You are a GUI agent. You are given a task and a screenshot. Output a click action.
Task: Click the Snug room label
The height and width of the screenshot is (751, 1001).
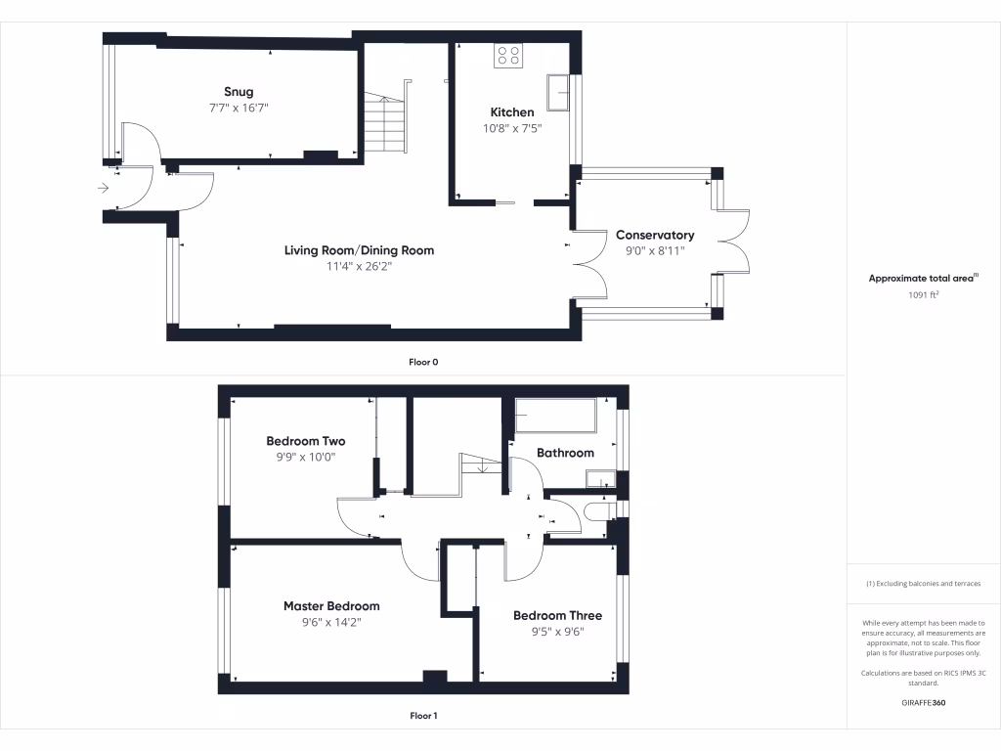pyautogui.click(x=239, y=92)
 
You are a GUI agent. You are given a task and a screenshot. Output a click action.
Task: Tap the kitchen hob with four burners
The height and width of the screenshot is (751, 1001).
pyautogui.click(x=508, y=56)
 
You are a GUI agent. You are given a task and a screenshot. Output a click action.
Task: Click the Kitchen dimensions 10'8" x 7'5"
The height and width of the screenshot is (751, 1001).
pyautogui.click(x=512, y=128)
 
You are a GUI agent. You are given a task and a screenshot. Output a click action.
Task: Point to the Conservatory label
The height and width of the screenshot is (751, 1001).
pyautogui.click(x=655, y=235)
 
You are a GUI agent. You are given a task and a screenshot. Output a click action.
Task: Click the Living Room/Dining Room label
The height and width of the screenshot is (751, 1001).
pyautogui.click(x=359, y=250)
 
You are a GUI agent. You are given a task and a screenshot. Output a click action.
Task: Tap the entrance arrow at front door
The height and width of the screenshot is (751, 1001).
pyautogui.click(x=105, y=188)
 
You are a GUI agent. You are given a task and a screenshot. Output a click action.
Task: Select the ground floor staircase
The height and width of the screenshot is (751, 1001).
pyautogui.click(x=385, y=122)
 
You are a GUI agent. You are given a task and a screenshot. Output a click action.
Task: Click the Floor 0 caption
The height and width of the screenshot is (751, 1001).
pyautogui.click(x=423, y=362)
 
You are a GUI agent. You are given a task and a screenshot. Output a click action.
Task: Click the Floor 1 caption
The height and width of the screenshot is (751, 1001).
pyautogui.click(x=423, y=716)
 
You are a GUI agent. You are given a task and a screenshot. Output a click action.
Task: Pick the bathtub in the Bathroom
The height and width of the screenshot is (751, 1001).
pyautogui.click(x=555, y=416)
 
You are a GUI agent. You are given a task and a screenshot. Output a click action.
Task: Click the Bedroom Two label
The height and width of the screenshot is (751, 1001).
pyautogui.click(x=305, y=441)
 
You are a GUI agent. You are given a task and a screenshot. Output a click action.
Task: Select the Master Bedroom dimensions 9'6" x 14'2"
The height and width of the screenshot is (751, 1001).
pyautogui.click(x=331, y=622)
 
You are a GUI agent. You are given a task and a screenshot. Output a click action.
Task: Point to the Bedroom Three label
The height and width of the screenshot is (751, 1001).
pyautogui.click(x=557, y=615)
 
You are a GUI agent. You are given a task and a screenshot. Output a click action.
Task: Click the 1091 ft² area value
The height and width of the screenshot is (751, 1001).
pyautogui.click(x=924, y=293)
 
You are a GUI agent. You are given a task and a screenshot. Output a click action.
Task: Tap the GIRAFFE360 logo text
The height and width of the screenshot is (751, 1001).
pyautogui.click(x=924, y=702)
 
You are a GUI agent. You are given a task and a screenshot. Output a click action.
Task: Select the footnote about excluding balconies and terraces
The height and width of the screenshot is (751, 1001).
pyautogui.click(x=924, y=584)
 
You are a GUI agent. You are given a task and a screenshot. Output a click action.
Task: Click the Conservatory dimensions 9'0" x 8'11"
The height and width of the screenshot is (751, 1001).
pyautogui.click(x=655, y=250)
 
